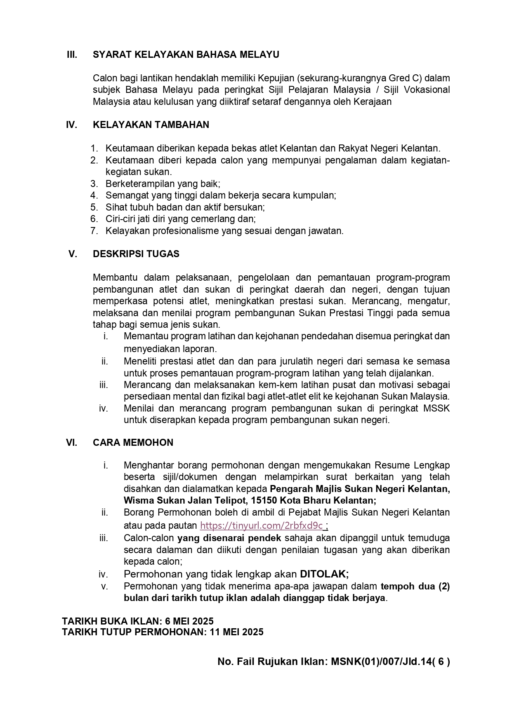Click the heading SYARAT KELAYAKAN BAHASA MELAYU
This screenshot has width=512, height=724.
(x=186, y=54)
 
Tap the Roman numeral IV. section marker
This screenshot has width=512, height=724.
(x=72, y=125)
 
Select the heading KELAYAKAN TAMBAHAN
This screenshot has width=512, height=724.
(x=151, y=125)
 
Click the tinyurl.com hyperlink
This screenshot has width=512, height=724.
(x=261, y=525)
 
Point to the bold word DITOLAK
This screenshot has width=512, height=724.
(x=324, y=574)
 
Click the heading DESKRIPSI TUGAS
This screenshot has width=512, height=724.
(x=136, y=254)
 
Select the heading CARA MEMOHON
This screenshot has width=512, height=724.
(x=133, y=442)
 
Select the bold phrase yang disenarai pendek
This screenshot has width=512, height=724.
(x=229, y=538)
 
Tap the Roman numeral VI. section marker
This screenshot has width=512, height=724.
(x=72, y=442)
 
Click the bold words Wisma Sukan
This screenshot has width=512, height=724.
(x=149, y=500)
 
